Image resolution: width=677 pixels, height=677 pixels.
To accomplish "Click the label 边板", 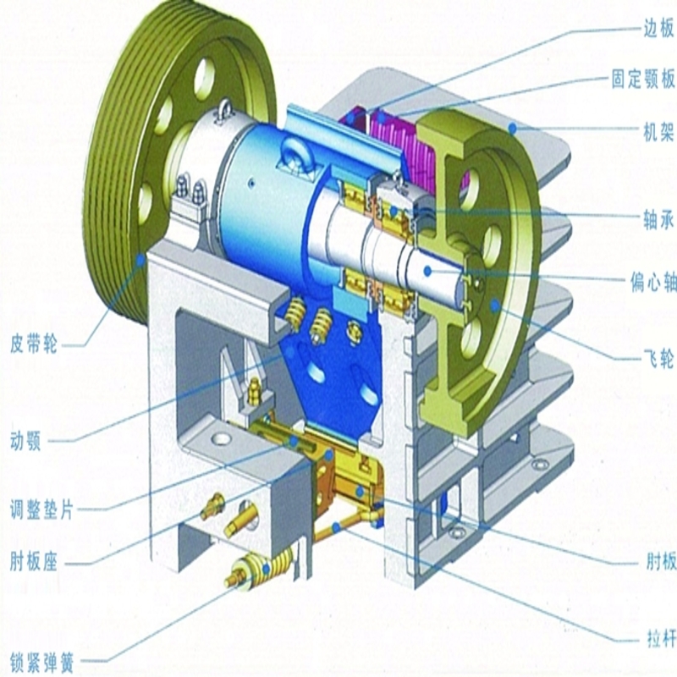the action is pos(659,30).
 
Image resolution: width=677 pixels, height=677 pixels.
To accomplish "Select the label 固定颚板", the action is pos(643,79).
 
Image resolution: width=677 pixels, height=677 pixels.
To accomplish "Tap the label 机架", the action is pos(659,131).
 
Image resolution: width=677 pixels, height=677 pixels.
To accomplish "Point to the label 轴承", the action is pos(659,220).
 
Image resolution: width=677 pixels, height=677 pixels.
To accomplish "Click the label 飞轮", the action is pos(659,357).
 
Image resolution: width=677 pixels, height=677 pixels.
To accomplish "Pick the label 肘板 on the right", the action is pos(661,561).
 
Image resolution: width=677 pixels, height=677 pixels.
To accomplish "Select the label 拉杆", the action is pos(661,638).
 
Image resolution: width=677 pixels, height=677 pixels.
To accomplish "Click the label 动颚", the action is pos(25,441).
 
